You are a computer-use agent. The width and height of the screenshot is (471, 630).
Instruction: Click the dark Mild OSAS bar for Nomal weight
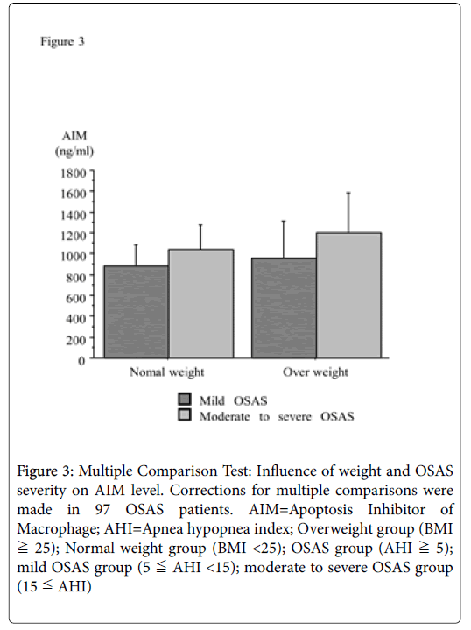pos(136,312)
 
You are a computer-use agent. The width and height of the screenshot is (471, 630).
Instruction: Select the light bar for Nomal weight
pos(200,303)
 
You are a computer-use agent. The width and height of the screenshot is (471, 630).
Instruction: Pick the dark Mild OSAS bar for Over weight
pos(284,308)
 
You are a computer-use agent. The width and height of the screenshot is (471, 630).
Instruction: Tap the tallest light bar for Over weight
pos(348,295)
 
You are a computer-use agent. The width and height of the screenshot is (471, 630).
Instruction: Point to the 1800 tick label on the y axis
pos(74,173)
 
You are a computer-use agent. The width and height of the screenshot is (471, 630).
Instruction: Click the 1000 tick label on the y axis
pos(74,256)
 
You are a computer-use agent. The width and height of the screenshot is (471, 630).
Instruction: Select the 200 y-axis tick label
pos(76,340)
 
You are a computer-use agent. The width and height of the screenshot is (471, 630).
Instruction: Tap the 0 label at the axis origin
pos(81,361)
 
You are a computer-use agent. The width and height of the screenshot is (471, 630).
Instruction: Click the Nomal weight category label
pos(166,372)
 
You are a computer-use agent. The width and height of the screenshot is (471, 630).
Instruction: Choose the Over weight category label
pos(315,372)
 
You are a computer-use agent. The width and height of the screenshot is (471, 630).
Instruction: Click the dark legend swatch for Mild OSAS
pos(185,400)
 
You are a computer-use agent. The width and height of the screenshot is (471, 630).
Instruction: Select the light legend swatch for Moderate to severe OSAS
pos(185,415)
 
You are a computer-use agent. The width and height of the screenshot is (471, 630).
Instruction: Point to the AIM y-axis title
pos(74,136)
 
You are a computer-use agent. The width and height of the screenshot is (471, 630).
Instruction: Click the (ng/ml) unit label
pos(74,152)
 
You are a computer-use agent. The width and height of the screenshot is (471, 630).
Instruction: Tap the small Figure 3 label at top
pos(62,41)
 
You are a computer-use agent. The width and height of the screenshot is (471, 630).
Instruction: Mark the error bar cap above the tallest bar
pos(348,193)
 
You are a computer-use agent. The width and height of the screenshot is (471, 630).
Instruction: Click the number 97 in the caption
pos(102,509)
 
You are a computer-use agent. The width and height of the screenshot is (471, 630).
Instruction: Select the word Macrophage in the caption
pos(58,528)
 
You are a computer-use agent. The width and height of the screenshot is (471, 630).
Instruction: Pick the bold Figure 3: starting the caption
pos(46,471)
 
